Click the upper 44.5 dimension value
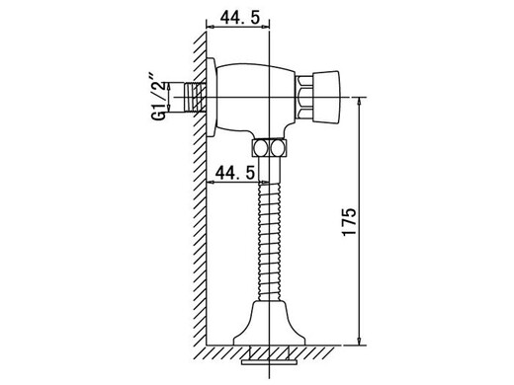(x=235, y=19)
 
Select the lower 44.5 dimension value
(x=235, y=173)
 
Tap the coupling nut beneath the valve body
(x=271, y=148)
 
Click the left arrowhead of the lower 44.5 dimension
(x=211, y=185)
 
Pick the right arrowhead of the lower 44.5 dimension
(x=266, y=185)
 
